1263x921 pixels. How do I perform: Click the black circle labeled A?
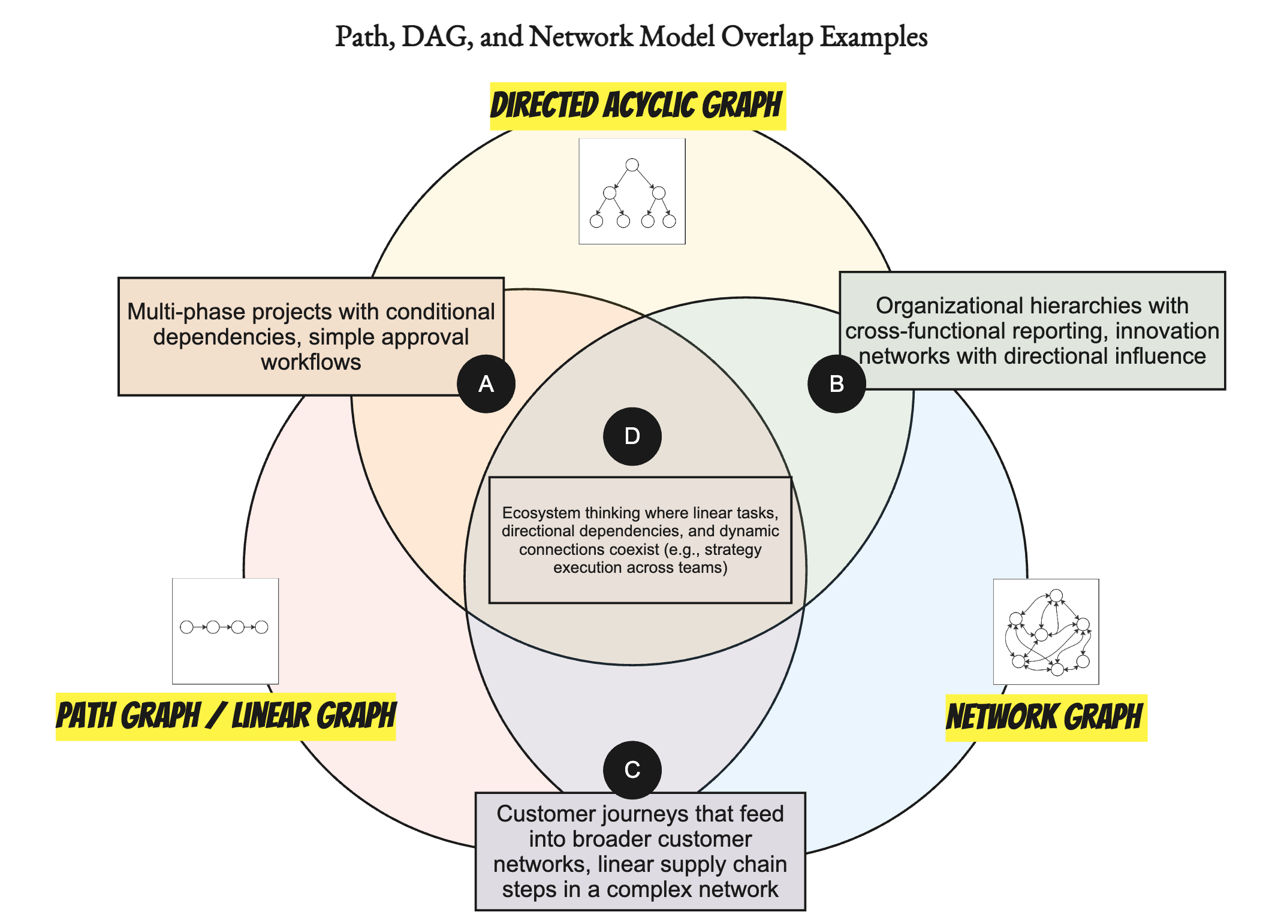pyautogui.click(x=486, y=384)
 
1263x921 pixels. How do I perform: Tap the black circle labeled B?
pyautogui.click(x=836, y=384)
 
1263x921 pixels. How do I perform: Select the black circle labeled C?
pyautogui.click(x=632, y=769)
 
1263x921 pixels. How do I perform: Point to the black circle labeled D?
pyautogui.click(x=632, y=436)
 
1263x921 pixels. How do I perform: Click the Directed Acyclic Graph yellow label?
pyautogui.click(x=637, y=106)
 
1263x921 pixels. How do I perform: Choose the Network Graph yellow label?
pyautogui.click(x=1045, y=717)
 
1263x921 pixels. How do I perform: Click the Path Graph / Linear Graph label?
pyautogui.click(x=225, y=716)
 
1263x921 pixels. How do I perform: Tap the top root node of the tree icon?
pyautogui.click(x=632, y=165)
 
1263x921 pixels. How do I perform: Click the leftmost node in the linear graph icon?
pyautogui.click(x=186, y=627)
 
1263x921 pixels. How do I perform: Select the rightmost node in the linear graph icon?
pyautogui.click(x=261, y=627)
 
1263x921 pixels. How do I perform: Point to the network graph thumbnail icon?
pyautogui.click(x=1045, y=632)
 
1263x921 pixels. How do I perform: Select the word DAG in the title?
pyautogui.click(x=434, y=37)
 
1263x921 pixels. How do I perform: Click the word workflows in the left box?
pyautogui.click(x=311, y=362)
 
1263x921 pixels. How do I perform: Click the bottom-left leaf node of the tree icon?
pyautogui.click(x=596, y=221)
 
